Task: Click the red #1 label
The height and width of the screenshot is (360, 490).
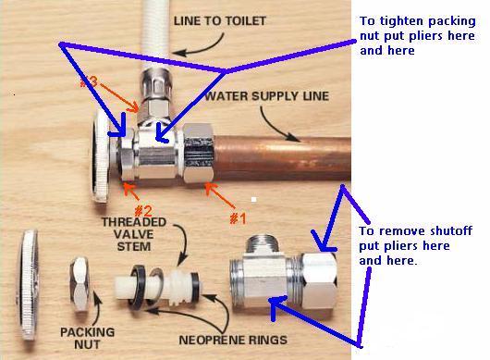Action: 238,218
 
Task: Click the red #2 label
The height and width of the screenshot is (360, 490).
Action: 143,211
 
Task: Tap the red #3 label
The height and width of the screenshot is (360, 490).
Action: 89,82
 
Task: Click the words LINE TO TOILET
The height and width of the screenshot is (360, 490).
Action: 220,21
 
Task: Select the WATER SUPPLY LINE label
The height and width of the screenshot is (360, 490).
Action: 267,96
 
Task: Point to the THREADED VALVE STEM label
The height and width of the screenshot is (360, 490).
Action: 134,234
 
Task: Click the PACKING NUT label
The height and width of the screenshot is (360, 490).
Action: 87,338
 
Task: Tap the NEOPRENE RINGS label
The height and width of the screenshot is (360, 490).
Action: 233,340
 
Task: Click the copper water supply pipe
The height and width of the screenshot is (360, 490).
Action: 282,158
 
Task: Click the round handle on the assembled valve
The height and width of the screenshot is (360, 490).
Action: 102,156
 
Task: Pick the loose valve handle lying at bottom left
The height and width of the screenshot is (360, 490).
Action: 29,285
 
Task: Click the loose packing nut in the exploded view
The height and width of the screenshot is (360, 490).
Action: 80,284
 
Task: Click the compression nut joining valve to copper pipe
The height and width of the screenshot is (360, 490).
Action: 199,153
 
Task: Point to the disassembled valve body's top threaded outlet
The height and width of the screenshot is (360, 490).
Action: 263,244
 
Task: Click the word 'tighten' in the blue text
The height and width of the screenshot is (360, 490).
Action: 401,21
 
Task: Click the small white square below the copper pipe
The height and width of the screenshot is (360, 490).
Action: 253,199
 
